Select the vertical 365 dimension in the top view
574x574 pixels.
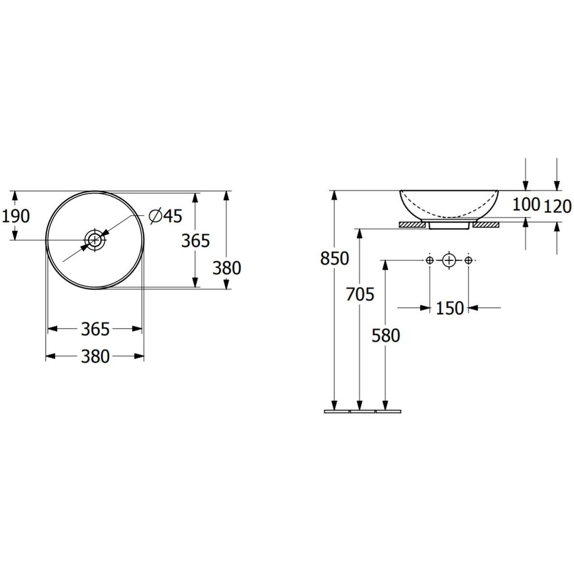pyautogui.click(x=196, y=241)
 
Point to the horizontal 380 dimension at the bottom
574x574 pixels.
pyautogui.click(x=95, y=356)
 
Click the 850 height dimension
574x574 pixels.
pyautogui.click(x=334, y=259)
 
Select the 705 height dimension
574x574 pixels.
pyautogui.click(x=360, y=294)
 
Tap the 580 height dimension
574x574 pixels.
pyautogui.click(x=386, y=336)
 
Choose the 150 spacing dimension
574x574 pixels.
pyautogui.click(x=450, y=308)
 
